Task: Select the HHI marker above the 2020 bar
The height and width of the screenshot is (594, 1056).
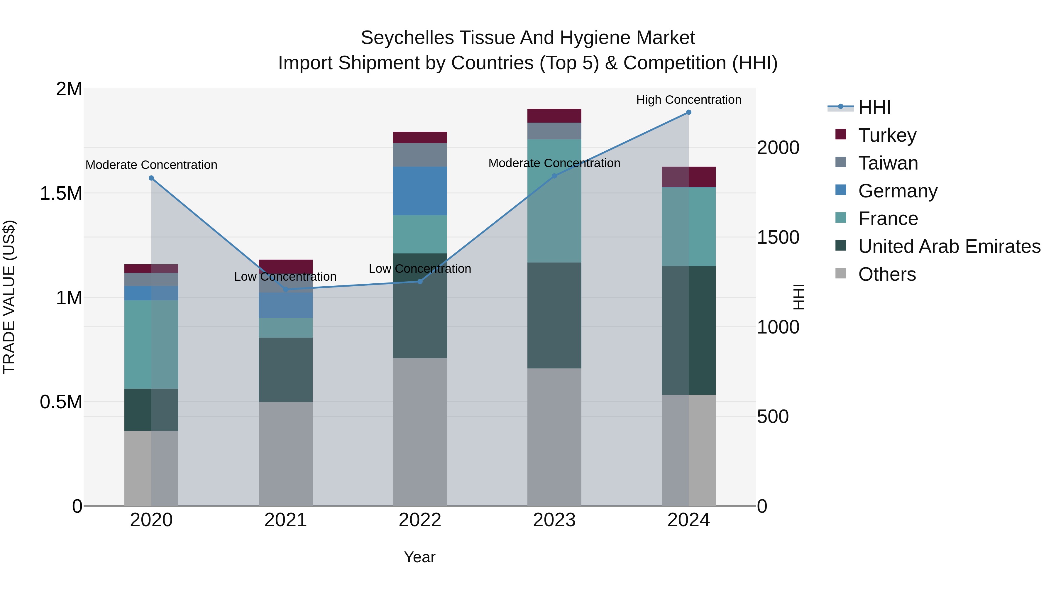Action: (x=151, y=178)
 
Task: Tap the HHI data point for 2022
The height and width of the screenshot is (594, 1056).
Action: (x=420, y=282)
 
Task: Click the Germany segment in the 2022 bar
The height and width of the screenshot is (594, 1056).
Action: (x=420, y=191)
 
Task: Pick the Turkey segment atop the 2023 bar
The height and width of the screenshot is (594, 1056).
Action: (x=554, y=116)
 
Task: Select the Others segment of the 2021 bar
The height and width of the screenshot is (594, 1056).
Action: (x=285, y=453)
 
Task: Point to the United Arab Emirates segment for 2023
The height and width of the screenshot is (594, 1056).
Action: (x=554, y=315)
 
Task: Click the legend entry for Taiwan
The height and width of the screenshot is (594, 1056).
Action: (x=888, y=163)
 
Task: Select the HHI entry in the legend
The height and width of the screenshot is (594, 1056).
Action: (x=874, y=107)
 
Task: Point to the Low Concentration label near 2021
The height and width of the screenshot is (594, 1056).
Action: (x=285, y=277)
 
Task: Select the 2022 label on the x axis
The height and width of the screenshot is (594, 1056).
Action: (x=420, y=520)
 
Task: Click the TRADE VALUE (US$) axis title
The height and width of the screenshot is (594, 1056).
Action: (x=9, y=297)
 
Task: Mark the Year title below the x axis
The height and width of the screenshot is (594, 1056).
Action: (x=419, y=557)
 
